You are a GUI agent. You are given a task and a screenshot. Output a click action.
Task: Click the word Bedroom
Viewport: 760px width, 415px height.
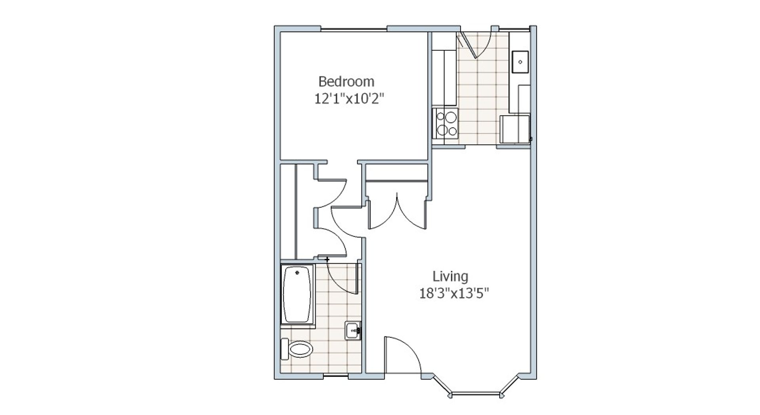[346, 81]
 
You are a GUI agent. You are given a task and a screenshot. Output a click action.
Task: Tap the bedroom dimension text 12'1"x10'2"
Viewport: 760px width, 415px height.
[350, 99]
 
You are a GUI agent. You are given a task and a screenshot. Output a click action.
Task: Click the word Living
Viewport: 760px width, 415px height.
[450, 276]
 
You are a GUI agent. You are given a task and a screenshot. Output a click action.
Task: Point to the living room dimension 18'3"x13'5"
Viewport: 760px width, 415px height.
[454, 294]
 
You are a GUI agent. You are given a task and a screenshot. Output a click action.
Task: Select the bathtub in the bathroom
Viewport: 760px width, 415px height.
[298, 294]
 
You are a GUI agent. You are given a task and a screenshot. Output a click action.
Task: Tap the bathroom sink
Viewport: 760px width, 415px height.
[353, 330]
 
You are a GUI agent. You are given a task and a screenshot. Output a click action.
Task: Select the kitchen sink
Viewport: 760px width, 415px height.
[521, 62]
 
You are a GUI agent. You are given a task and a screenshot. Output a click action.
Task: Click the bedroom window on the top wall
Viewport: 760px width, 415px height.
[353, 28]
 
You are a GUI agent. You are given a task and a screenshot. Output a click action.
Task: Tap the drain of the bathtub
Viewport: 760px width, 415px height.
[297, 273]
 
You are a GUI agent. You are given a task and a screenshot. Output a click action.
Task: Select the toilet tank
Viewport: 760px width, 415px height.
[284, 349]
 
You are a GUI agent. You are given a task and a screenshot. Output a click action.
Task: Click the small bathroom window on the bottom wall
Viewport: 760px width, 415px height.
[336, 376]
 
